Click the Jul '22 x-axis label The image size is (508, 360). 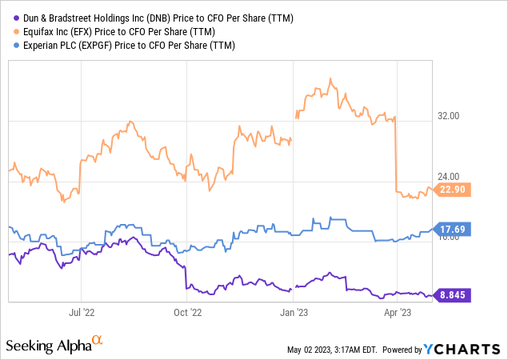pos(82,313)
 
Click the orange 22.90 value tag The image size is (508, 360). pos(453,190)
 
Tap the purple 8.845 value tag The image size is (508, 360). pos(453,295)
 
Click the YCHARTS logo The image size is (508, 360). pos(463,349)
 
